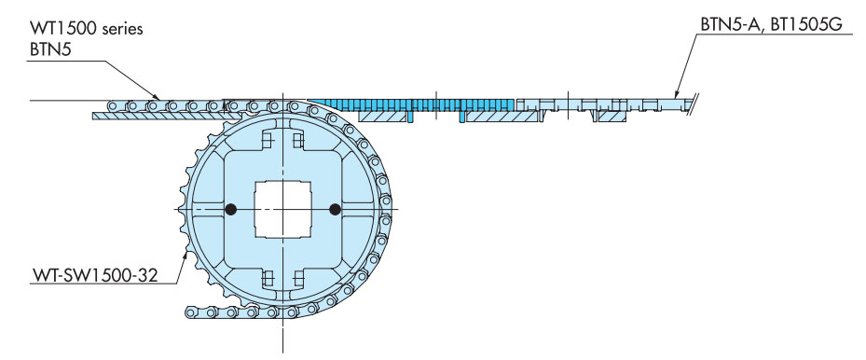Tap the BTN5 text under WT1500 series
(51, 50)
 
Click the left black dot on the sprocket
(231, 209)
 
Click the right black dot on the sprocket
(334, 209)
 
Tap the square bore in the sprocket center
(282, 209)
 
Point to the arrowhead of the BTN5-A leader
(675, 94)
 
